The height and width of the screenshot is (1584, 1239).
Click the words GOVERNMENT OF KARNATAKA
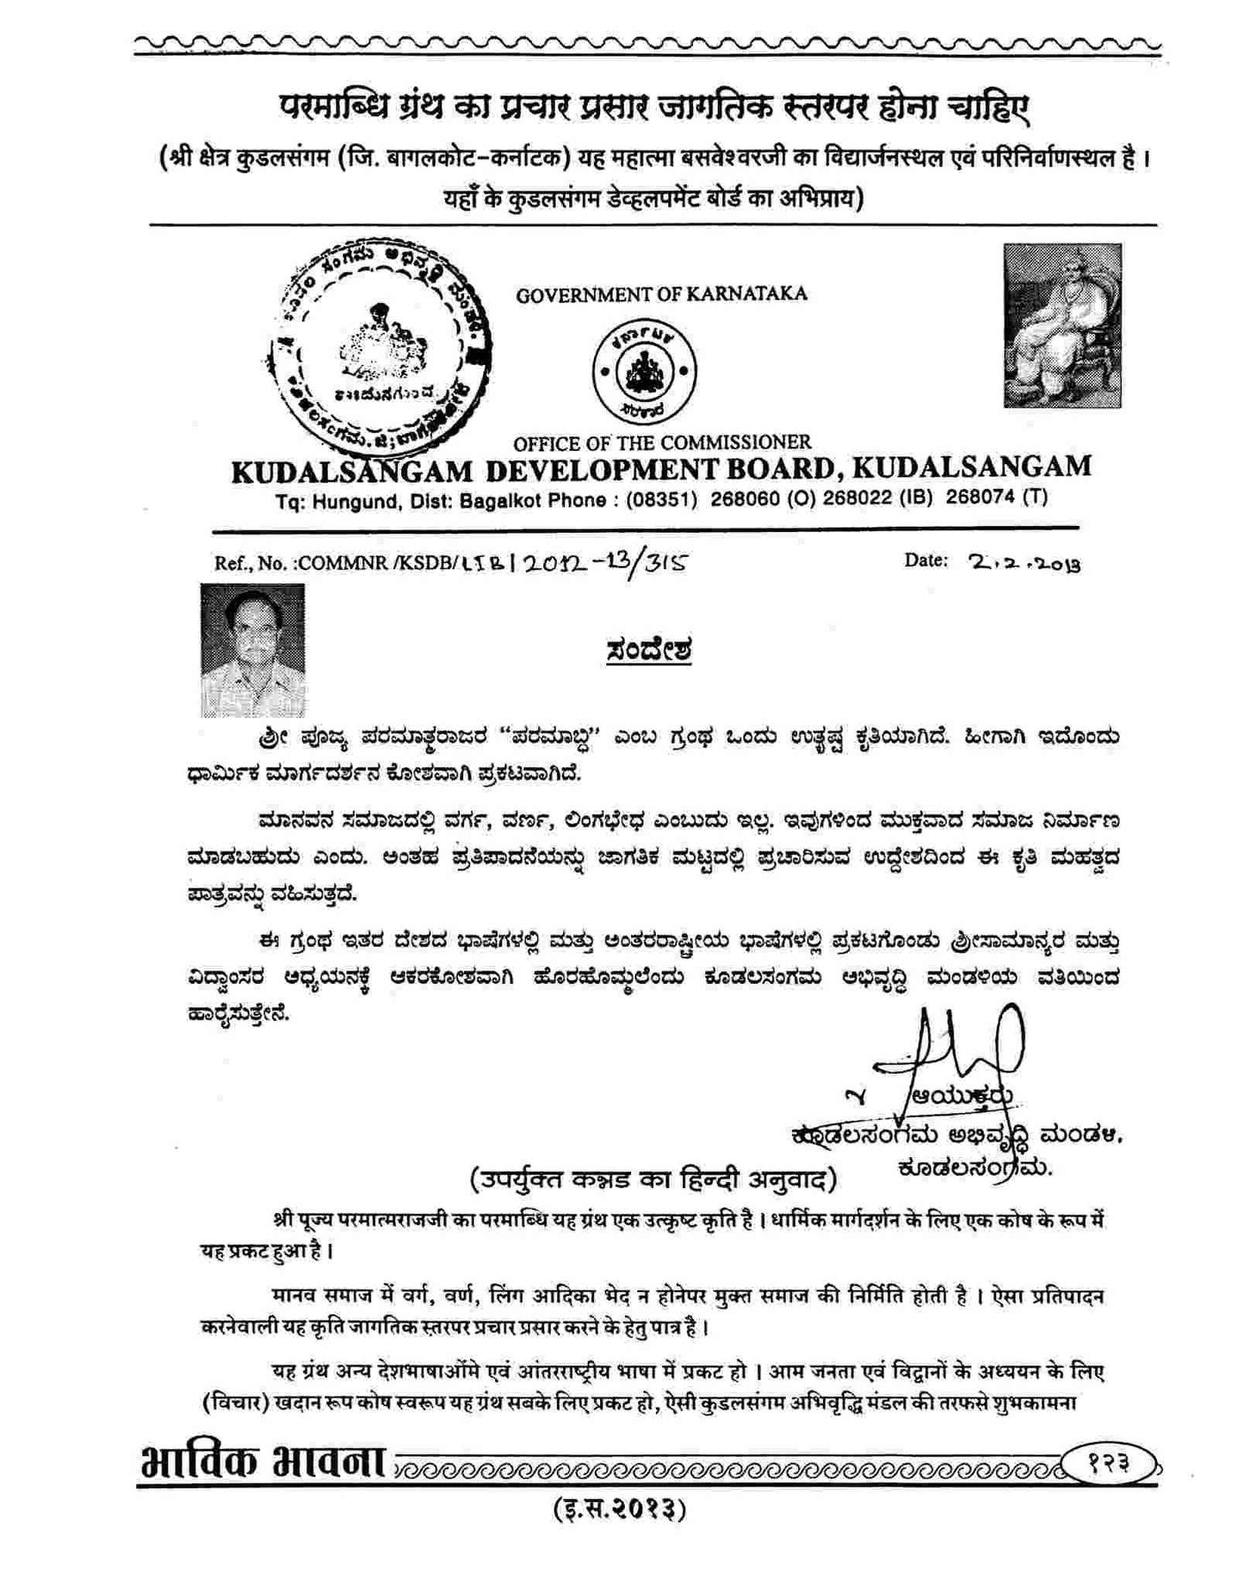(661, 294)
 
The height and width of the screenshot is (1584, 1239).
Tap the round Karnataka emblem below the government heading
(644, 371)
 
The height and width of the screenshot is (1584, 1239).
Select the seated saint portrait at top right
(1062, 325)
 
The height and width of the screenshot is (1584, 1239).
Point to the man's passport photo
(252, 649)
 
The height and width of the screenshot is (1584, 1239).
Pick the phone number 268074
(980, 497)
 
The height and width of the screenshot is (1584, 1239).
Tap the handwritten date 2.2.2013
(1024, 563)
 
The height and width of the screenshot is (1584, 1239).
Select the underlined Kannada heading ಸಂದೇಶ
(648, 650)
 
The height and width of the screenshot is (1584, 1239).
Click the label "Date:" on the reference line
(925, 560)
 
